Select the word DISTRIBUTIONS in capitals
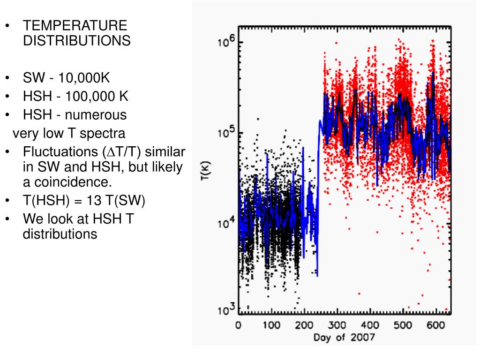click(x=77, y=41)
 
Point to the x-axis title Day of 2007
click(x=344, y=337)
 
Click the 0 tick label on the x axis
click(x=238, y=325)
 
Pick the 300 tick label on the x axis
click(x=337, y=325)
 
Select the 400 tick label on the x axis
click(x=370, y=325)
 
